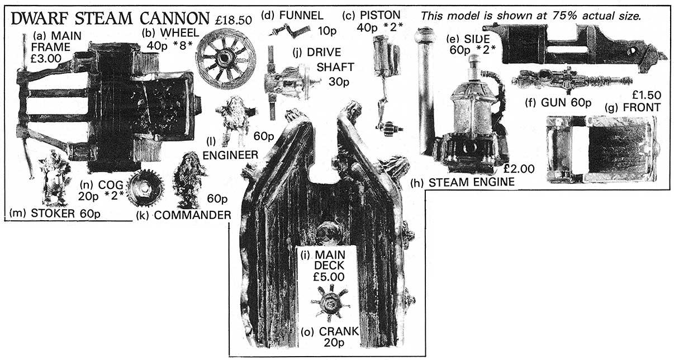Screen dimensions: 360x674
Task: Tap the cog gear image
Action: tap(145, 188)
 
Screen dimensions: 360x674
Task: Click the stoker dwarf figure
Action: tap(54, 178)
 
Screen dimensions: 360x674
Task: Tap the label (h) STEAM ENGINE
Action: tap(462, 182)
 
